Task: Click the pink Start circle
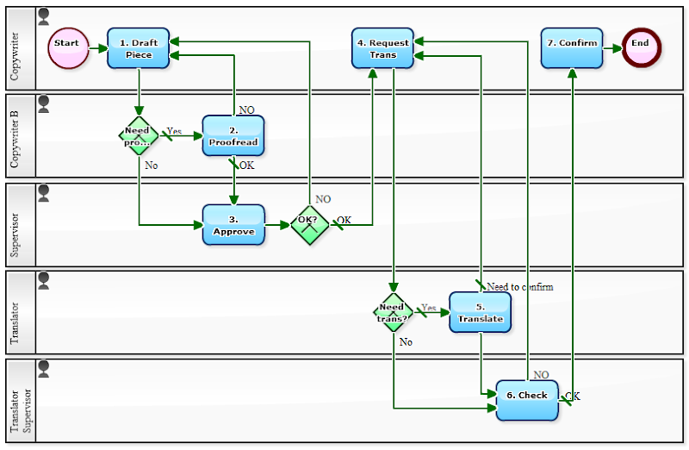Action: click(67, 47)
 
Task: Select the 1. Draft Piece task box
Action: click(139, 48)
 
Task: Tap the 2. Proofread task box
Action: click(233, 135)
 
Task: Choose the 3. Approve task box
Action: click(233, 225)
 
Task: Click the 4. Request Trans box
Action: click(383, 48)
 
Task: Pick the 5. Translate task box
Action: click(480, 313)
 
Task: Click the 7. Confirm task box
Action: click(572, 47)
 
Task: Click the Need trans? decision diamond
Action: click(394, 312)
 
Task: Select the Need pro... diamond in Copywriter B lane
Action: click(138, 136)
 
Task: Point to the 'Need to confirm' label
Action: click(520, 287)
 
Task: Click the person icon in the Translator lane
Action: click(44, 279)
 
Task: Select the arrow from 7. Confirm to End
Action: click(612, 48)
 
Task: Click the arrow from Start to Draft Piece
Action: click(97, 48)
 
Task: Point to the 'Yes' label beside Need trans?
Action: click(429, 308)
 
